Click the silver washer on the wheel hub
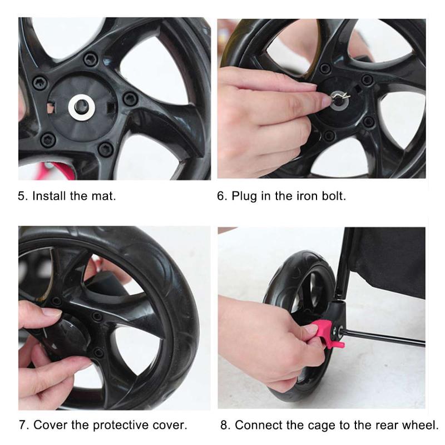click(x=81, y=107)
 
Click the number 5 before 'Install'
click(x=22, y=196)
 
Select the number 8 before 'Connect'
click(x=224, y=425)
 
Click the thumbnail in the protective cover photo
click(x=52, y=312)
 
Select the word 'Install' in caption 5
click(x=49, y=196)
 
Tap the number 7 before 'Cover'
click(x=22, y=425)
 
